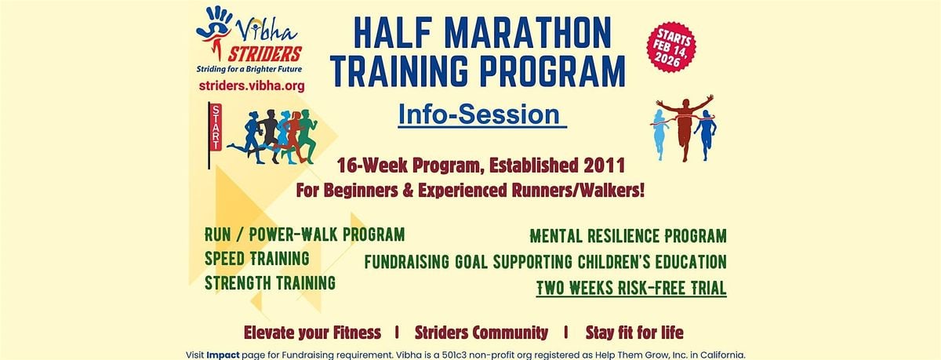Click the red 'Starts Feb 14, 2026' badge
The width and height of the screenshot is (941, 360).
tap(671, 46)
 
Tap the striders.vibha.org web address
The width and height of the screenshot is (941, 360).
tap(252, 85)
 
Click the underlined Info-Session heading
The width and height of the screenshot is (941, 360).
tap(479, 115)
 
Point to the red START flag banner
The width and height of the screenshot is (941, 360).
tap(215, 127)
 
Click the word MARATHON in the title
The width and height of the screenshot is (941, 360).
tap(527, 33)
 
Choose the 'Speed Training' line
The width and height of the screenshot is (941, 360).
tap(257, 258)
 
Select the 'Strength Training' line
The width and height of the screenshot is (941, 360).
tap(270, 282)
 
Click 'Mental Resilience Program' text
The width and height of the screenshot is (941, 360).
tap(628, 235)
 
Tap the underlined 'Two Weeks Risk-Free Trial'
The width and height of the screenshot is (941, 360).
tap(631, 288)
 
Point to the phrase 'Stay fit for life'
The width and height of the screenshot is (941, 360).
tap(634, 333)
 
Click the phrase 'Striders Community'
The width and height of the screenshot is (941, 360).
tap(481, 333)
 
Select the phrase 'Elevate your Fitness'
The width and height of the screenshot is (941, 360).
tap(312, 333)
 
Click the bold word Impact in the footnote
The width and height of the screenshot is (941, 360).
tap(223, 355)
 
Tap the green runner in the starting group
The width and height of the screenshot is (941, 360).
tap(309, 136)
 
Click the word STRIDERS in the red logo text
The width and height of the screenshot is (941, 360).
tap(265, 54)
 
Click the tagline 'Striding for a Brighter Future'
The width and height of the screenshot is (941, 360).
tap(249, 69)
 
